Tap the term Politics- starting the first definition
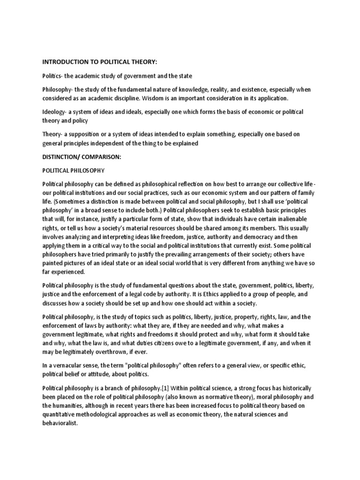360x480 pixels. coord(54,76)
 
